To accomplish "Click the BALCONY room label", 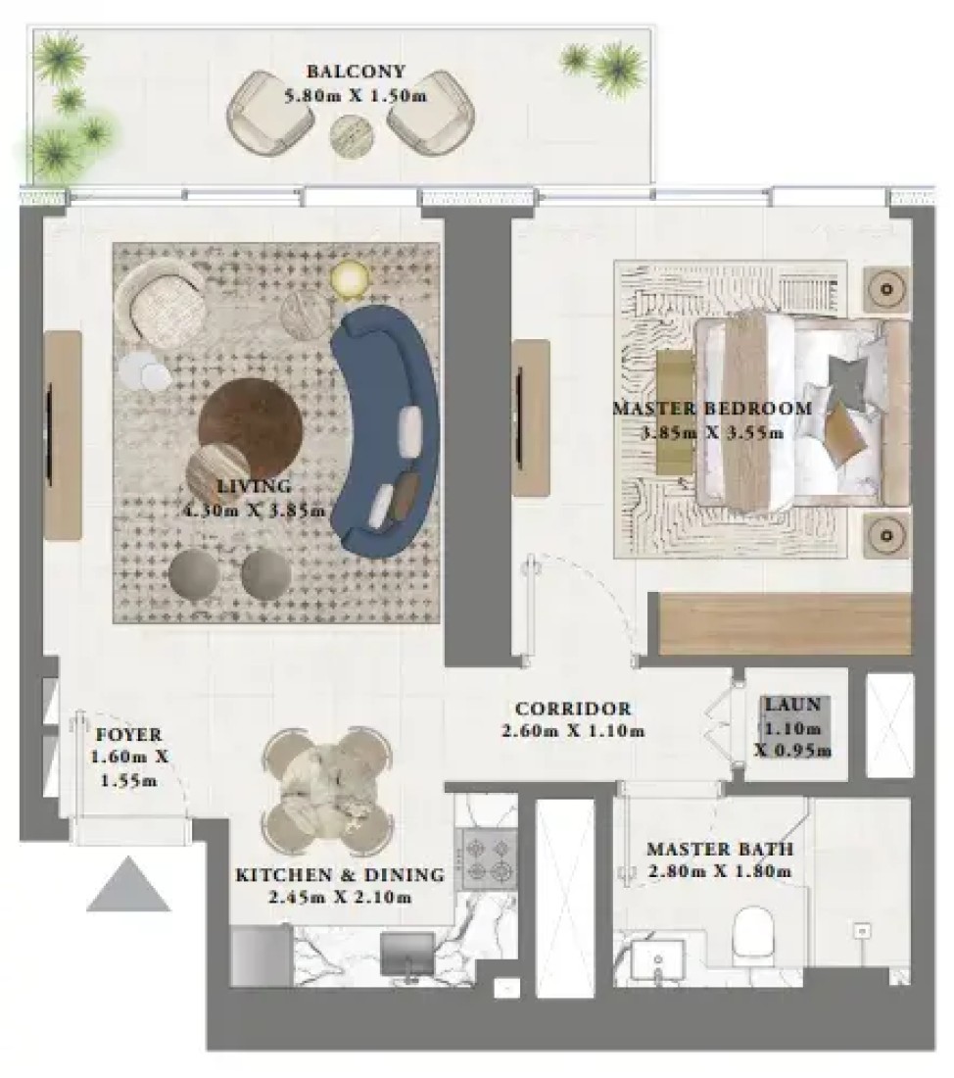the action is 356,71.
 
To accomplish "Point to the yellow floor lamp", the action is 352,279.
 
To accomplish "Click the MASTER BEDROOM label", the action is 713,409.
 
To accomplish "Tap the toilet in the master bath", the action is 754,935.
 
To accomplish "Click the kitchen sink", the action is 406,954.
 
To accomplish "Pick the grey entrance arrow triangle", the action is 128,885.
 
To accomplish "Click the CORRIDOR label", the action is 573,709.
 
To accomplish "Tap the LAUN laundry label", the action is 793,704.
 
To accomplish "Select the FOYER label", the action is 128,734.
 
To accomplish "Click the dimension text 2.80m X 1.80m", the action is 720,872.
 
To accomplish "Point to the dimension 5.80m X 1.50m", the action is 356,95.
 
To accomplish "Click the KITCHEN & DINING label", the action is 340,875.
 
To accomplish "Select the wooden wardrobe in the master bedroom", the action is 785,623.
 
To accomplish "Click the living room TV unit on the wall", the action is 64,435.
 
